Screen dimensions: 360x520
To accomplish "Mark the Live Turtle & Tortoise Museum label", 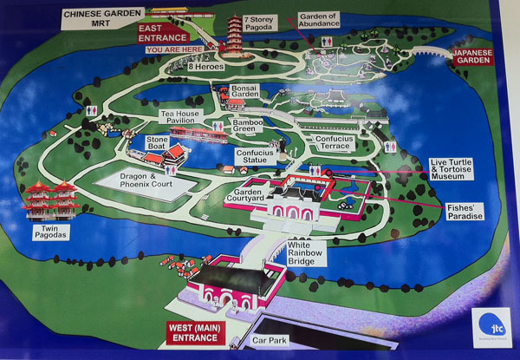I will [467, 171].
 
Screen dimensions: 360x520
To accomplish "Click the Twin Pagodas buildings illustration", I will [53, 201].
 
